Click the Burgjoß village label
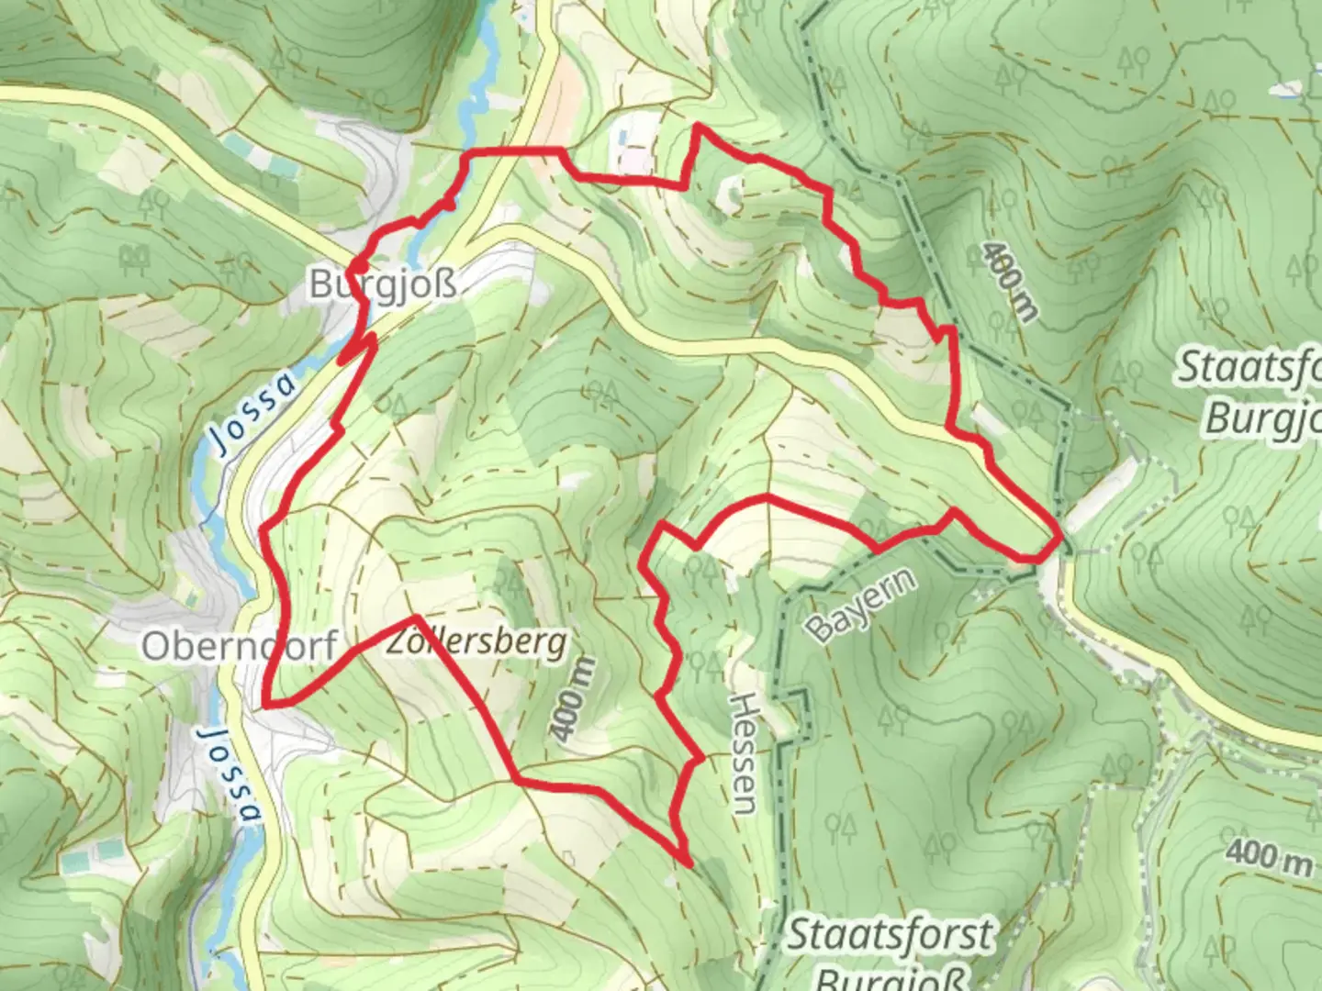pyautogui.click(x=383, y=284)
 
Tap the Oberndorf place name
pyautogui.click(x=239, y=646)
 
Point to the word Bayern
pyautogui.click(x=861, y=605)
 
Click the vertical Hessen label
pyautogui.click(x=744, y=753)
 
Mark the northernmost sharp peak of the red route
pyautogui.click(x=700, y=125)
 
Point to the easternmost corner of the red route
pyautogui.click(x=1061, y=532)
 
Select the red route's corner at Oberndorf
pyautogui.click(x=265, y=705)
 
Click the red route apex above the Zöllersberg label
pyautogui.click(x=416, y=618)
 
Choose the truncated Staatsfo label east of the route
pyautogui.click(x=1249, y=367)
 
